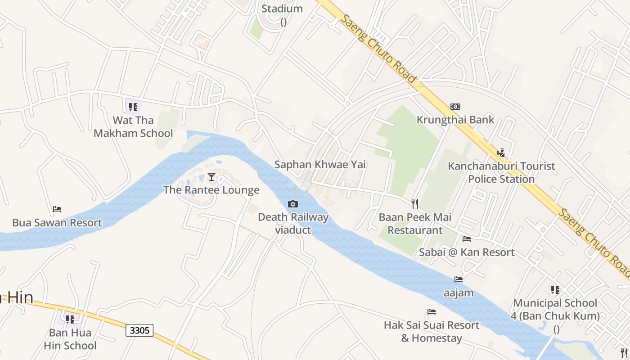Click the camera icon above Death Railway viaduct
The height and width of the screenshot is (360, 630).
coord(293,204)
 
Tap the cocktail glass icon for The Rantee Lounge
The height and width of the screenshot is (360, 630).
coord(211,177)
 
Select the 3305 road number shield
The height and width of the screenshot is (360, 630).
coord(139,330)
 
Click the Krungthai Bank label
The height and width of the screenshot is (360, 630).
coord(455,120)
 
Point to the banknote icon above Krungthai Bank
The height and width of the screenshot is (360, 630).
coord(455,107)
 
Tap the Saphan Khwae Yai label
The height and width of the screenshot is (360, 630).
coord(320,165)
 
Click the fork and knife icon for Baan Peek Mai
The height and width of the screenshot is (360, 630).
coord(415,204)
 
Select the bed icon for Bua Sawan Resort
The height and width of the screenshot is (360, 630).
coord(57,209)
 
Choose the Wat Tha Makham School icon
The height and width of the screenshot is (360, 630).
coord(133,107)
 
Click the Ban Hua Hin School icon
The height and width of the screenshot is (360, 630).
coord(70,319)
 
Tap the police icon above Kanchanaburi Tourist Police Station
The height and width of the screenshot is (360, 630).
coord(501,153)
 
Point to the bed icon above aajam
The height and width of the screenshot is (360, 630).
coord(459,279)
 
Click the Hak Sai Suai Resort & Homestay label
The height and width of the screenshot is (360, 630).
coord(432,331)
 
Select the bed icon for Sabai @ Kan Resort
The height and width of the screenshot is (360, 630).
coord(467,239)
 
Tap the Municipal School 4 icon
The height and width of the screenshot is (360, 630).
coord(555,290)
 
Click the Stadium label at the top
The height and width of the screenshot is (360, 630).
coord(282,9)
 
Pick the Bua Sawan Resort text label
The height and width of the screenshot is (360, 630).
coord(57,223)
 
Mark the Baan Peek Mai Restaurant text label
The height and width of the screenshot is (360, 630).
coord(415,224)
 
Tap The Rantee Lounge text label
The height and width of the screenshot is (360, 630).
coord(211,190)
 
